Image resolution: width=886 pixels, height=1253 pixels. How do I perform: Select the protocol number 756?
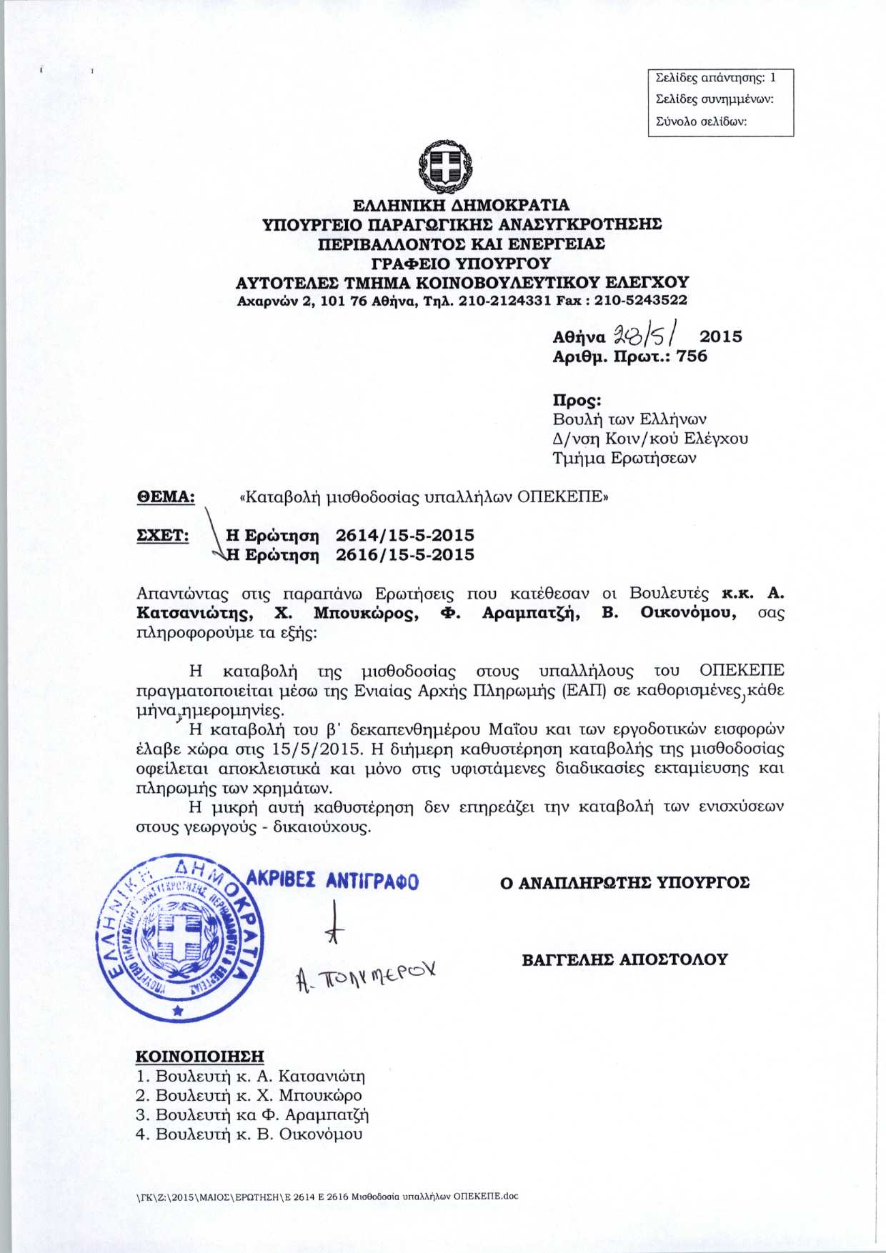click(x=692, y=356)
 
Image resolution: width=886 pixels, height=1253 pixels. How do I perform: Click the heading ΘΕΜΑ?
click(x=166, y=496)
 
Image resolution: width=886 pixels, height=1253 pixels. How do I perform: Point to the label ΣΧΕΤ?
click(x=163, y=535)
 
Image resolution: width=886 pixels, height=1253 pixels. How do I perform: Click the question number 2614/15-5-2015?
click(x=404, y=535)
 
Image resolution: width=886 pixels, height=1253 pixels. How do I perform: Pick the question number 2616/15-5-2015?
click(x=404, y=554)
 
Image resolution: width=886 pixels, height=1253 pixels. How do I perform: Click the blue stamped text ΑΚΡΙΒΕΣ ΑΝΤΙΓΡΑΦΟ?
click(x=333, y=881)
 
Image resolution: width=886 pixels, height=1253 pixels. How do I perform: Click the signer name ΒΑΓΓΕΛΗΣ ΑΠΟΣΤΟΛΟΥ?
click(x=624, y=959)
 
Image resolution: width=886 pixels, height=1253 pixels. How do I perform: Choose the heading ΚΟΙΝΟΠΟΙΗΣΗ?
click(x=200, y=1056)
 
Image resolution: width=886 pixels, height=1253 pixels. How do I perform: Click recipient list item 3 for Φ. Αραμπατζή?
click(x=252, y=1114)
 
